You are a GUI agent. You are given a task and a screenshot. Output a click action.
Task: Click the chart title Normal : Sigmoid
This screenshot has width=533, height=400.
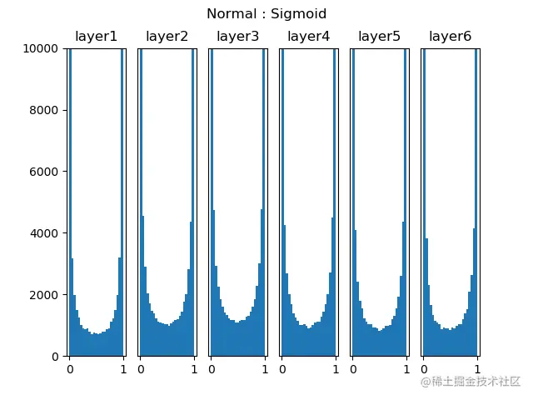(x=266, y=14)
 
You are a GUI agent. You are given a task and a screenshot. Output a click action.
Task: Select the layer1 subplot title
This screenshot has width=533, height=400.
(x=96, y=37)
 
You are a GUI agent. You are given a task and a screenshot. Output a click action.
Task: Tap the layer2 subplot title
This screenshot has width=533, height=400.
(x=167, y=37)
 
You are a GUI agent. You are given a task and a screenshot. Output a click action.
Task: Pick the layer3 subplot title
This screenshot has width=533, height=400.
(x=237, y=37)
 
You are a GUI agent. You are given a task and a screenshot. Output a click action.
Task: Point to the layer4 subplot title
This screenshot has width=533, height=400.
(x=308, y=37)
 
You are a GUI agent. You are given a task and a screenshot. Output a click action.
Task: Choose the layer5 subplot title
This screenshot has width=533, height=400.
(x=379, y=37)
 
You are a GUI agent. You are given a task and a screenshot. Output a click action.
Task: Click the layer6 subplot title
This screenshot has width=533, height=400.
(x=450, y=37)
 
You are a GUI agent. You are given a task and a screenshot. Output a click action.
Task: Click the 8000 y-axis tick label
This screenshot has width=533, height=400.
(x=46, y=110)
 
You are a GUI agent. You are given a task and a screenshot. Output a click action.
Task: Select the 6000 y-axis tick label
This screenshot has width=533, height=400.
(x=46, y=172)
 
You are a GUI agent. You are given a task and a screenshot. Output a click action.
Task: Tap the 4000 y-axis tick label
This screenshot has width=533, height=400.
(x=46, y=233)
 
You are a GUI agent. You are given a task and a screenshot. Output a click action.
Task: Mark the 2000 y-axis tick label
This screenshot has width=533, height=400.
(x=46, y=295)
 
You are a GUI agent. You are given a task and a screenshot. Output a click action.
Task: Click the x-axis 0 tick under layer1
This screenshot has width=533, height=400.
(x=70, y=369)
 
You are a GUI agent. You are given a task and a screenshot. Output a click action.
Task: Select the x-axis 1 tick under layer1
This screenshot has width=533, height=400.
(x=123, y=369)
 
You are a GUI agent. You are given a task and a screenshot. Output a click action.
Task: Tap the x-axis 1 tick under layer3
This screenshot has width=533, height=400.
(x=265, y=369)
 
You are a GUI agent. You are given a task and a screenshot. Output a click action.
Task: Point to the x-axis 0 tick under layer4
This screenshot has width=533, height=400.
(x=282, y=369)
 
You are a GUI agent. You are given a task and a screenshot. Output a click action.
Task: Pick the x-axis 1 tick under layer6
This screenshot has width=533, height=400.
(x=477, y=369)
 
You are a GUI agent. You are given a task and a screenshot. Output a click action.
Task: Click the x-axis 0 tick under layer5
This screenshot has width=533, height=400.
(x=353, y=369)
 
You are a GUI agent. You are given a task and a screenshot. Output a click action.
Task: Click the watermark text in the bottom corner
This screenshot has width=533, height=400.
(x=470, y=382)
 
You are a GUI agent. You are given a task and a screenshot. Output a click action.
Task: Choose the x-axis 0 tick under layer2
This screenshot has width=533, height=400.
(x=141, y=369)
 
